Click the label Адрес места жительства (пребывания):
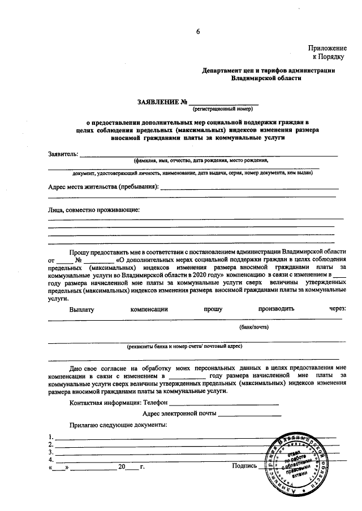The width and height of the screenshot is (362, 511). (103, 186)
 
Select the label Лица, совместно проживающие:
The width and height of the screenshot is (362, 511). (93, 210)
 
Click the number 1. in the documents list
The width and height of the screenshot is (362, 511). (51, 436)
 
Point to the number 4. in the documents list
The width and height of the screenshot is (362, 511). (51, 460)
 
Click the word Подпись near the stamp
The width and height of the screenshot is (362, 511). (244, 466)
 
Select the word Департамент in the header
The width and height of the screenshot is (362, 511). (225, 71)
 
